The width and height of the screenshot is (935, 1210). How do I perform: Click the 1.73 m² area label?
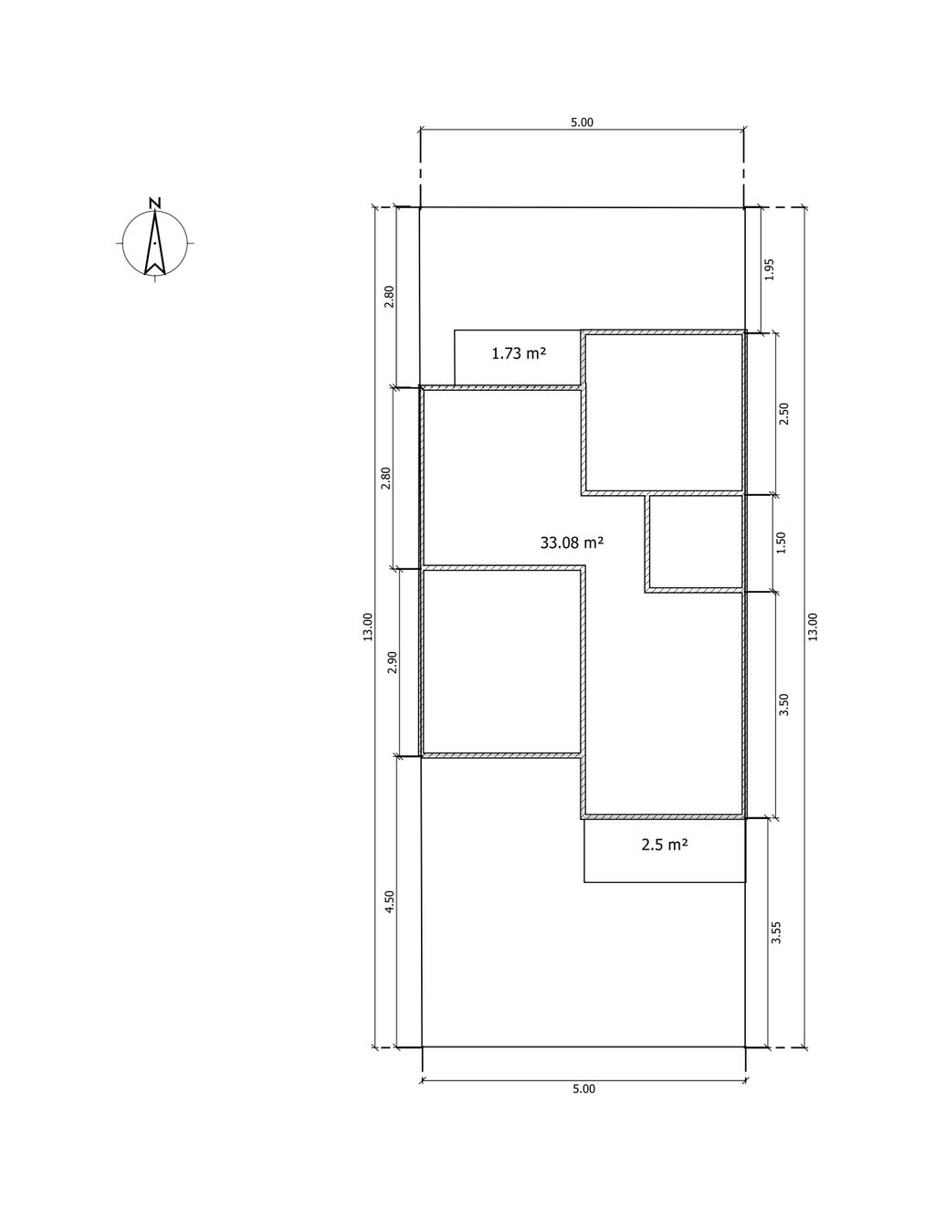[518, 353]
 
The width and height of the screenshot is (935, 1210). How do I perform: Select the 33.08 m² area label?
[573, 542]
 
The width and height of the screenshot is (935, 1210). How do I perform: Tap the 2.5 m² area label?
[665, 845]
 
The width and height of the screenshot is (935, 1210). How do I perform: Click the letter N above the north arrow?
[155, 203]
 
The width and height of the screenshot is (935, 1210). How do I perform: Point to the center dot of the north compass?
[154, 243]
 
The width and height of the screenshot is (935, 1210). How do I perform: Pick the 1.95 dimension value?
[770, 269]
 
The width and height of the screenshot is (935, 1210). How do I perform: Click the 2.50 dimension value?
[784, 414]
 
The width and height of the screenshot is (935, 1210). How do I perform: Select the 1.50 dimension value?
[782, 542]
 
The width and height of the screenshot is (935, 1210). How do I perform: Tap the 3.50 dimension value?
[784, 704]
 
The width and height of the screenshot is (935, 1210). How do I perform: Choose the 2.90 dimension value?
[393, 662]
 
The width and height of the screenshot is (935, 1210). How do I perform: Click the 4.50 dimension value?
[390, 901]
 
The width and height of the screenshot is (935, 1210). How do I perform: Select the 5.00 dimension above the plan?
[583, 122]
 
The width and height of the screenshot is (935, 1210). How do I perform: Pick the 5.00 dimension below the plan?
[583, 1089]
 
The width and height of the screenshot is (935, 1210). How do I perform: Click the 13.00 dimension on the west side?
[368, 627]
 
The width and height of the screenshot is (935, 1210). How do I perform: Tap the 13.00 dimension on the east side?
[814, 627]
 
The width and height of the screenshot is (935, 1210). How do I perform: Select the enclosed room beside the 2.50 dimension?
[665, 413]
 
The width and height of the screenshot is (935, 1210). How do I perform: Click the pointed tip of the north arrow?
[154, 210]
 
